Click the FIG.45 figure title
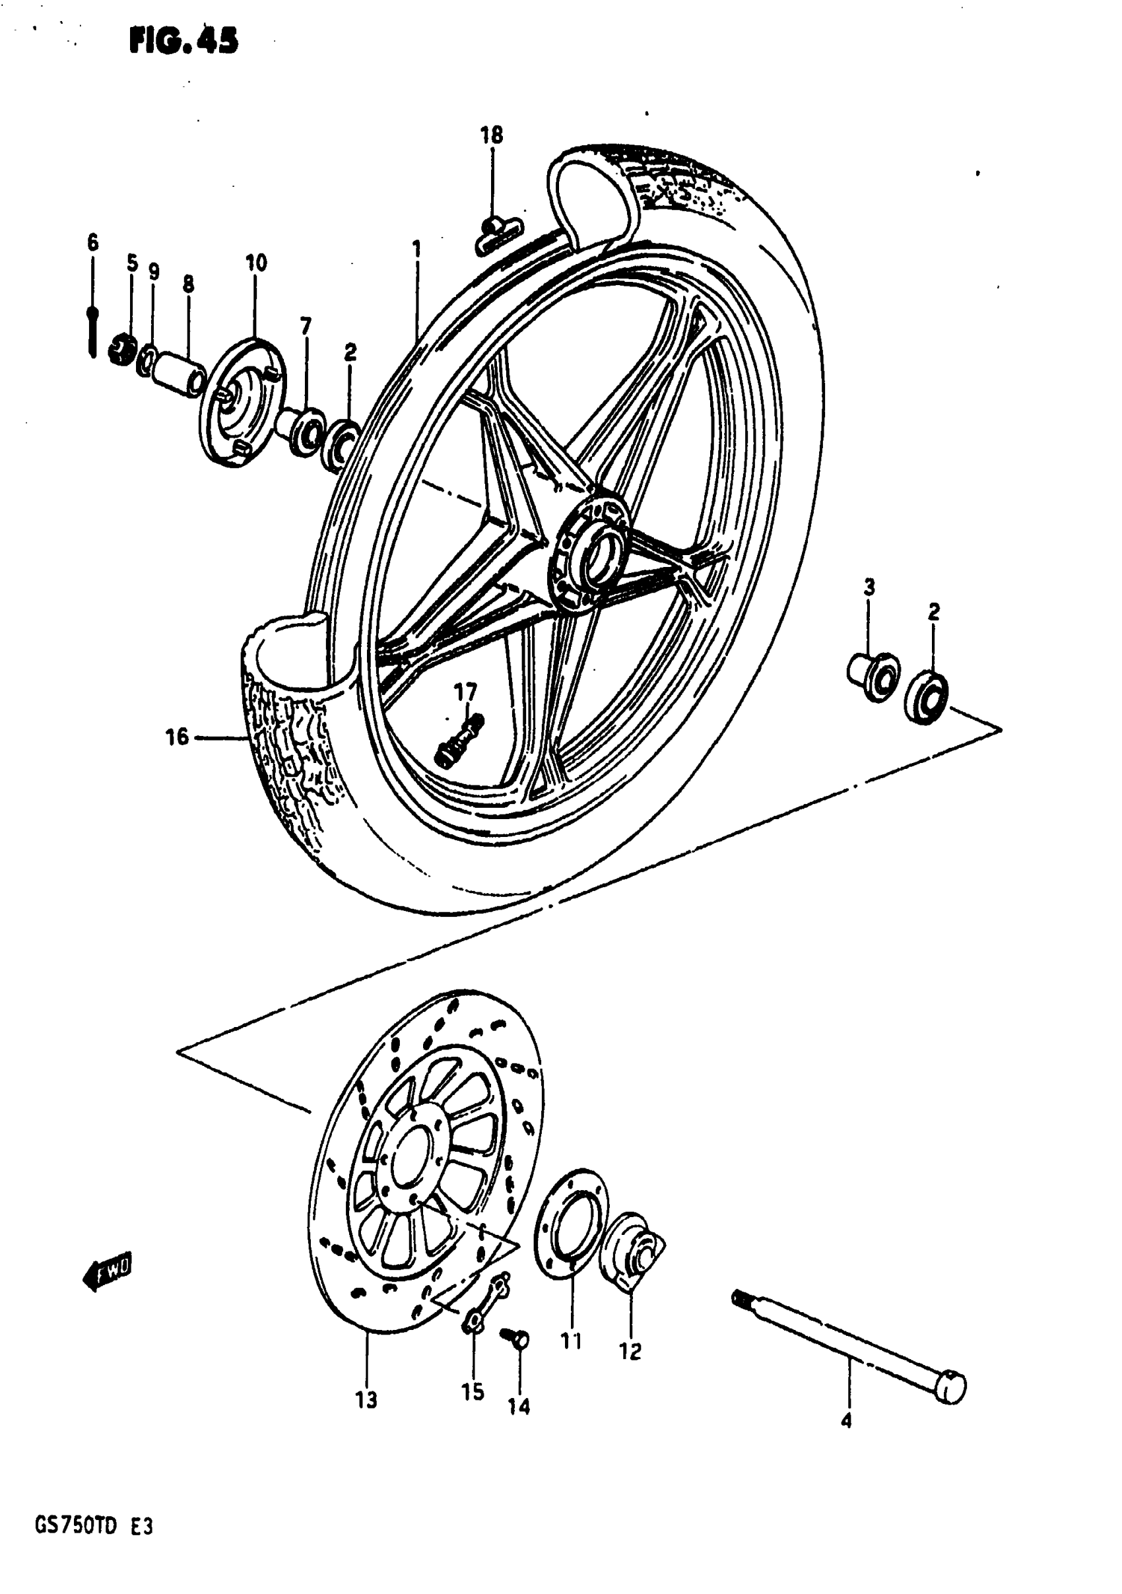183,41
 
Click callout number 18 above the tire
492,135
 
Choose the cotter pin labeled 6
92,332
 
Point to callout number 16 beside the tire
177,737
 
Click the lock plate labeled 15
486,1299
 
